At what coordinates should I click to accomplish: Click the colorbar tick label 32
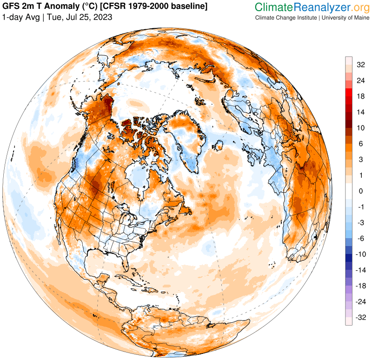coord(360,65)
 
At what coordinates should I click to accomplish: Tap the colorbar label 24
coord(360,80)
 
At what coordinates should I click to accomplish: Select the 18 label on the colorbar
coord(360,96)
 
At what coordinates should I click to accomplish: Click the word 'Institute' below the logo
coord(305,17)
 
